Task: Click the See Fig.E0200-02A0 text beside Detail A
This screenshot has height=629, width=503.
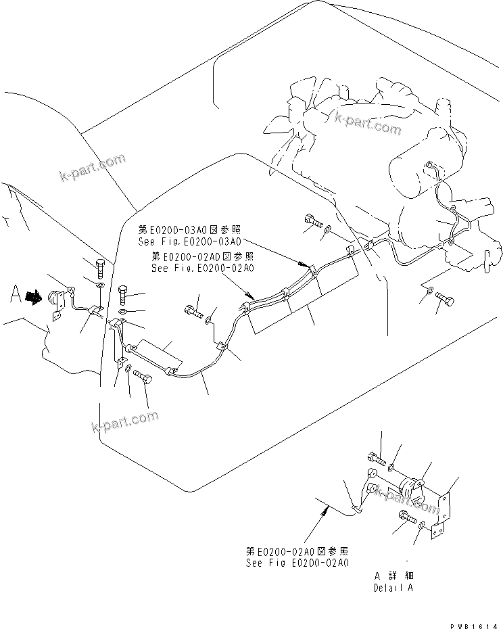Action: [297, 562]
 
